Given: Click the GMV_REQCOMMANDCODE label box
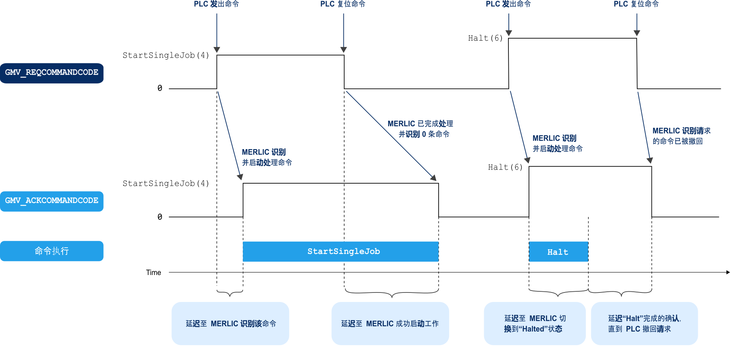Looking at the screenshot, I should [x=52, y=73].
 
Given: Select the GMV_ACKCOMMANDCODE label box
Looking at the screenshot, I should [x=52, y=201].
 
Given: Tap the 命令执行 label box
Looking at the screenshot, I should [x=52, y=251].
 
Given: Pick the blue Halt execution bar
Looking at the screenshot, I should [x=558, y=252].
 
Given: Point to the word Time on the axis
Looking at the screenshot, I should [x=153, y=272].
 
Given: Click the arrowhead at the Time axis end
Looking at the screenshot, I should [x=728, y=272].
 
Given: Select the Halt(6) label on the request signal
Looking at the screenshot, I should [x=485, y=38].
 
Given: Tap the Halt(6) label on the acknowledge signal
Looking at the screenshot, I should [x=505, y=167].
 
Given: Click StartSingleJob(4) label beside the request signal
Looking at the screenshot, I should [x=166, y=55].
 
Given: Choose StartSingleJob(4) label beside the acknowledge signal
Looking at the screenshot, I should [x=166, y=184].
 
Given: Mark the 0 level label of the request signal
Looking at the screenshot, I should [x=160, y=88].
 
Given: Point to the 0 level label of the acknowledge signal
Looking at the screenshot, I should [x=160, y=217].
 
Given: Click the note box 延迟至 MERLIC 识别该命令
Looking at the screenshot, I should [x=230, y=324].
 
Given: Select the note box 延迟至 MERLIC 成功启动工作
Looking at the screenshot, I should [x=390, y=324].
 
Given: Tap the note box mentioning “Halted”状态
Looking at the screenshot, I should [x=535, y=324].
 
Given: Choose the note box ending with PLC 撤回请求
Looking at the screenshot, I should [x=644, y=324].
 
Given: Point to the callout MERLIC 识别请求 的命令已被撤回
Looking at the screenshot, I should [x=681, y=136].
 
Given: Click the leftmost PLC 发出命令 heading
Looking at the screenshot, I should [x=216, y=4].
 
